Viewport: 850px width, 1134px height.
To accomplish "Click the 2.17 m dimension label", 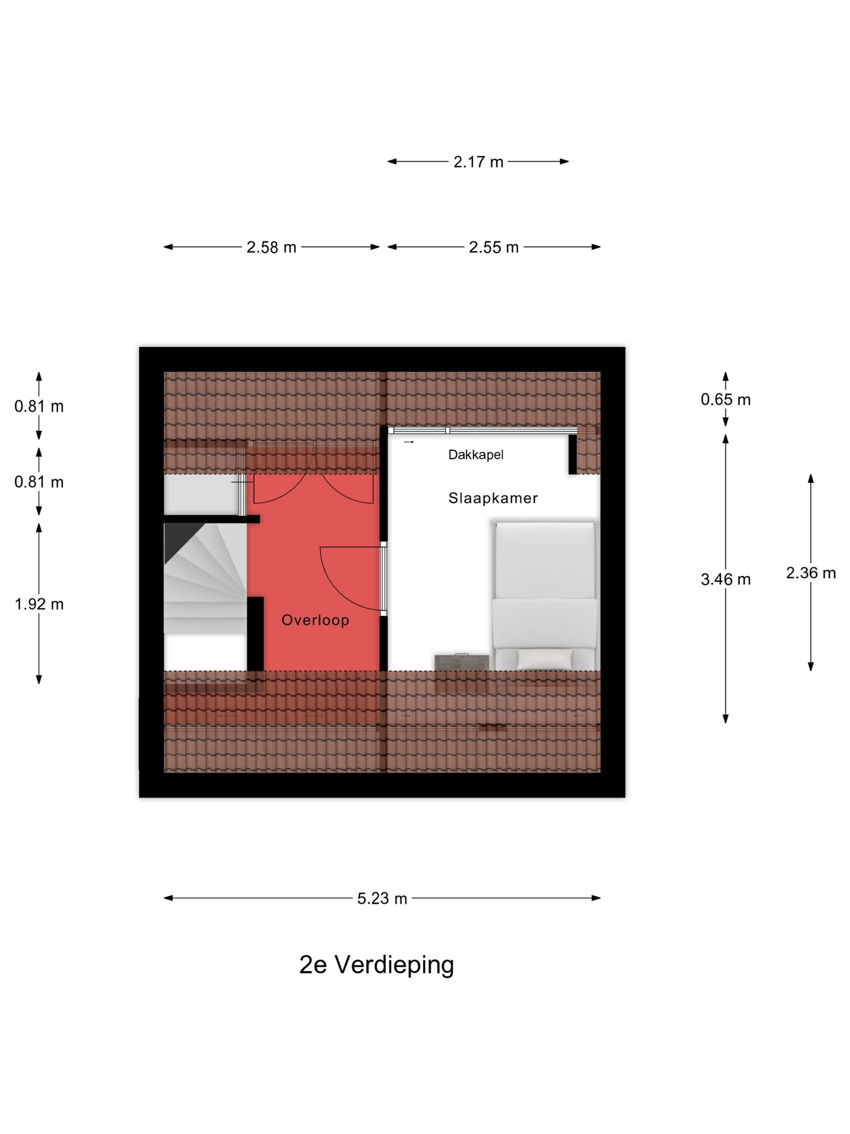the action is (x=478, y=162).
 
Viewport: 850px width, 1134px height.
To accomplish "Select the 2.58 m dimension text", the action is (x=271, y=247).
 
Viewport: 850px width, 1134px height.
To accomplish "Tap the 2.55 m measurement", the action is (x=493, y=247).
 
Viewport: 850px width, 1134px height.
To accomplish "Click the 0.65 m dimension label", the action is (x=725, y=399).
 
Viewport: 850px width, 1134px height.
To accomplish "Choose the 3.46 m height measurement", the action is (x=725, y=579).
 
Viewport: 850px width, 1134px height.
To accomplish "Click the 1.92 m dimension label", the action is (x=39, y=604).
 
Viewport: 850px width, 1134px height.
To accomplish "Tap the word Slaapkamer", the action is (x=493, y=498).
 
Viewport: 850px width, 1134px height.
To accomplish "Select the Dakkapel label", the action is (x=476, y=455).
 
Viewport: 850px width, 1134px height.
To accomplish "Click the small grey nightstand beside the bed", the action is (x=462, y=662).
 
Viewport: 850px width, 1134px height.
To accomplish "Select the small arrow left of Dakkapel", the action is (x=408, y=442).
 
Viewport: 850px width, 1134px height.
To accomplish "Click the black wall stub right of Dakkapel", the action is (x=572, y=454).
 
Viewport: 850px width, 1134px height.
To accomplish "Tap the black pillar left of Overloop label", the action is (x=255, y=634).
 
